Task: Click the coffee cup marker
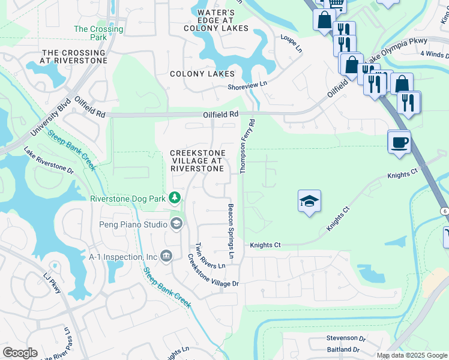(x=399, y=143)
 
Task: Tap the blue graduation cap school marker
(x=309, y=202)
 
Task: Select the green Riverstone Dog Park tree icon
(x=175, y=197)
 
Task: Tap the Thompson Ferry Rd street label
(x=248, y=146)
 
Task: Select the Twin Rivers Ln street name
(x=202, y=256)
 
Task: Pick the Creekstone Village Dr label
(x=213, y=271)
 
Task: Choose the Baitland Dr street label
(x=343, y=349)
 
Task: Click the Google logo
(x=20, y=352)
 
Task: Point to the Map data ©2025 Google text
(x=411, y=355)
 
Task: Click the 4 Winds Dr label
(x=434, y=54)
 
